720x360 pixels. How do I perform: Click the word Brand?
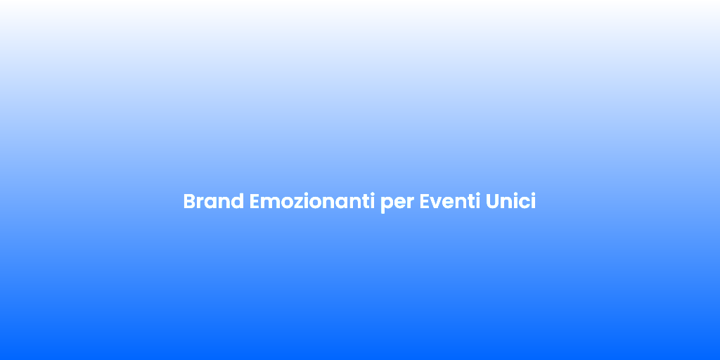click(x=214, y=202)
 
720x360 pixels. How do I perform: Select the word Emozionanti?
click(x=312, y=201)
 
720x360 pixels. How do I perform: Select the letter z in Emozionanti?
click(x=298, y=203)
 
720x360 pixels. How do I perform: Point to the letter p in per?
click(x=386, y=205)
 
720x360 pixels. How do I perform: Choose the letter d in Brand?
click(x=238, y=201)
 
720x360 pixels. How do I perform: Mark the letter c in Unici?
click(x=523, y=203)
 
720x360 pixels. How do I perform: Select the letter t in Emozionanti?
click(x=366, y=202)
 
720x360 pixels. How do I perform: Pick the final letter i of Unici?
click(x=533, y=201)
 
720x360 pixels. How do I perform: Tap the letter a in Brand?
click(x=211, y=203)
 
